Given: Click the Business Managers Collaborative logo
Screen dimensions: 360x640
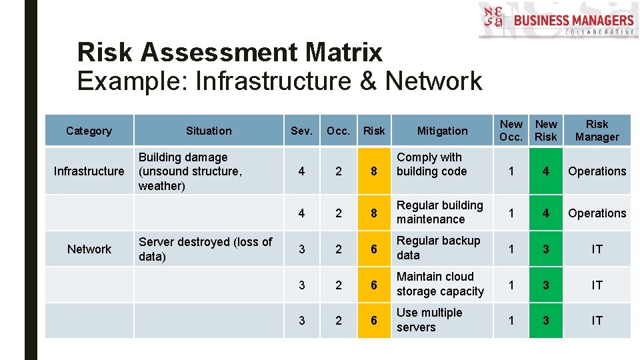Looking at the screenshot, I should coord(557,21).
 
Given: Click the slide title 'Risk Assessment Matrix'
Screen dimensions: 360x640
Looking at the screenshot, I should coord(229,51).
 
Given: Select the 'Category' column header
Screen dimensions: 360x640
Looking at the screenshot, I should coord(89,131).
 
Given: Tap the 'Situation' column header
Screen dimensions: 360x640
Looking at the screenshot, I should coord(209,131).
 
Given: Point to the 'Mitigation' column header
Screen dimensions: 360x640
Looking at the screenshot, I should coord(442,131).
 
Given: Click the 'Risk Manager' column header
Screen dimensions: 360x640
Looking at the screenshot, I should coord(597,131).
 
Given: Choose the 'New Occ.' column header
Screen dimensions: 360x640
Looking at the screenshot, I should coord(511,131).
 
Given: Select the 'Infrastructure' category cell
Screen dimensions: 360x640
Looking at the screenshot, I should coord(89,171).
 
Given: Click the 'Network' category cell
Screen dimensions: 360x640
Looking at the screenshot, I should coord(89,249).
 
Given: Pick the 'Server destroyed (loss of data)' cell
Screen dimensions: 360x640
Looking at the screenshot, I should coord(205,249).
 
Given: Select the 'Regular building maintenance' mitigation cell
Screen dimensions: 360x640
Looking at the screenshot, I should coord(439,213).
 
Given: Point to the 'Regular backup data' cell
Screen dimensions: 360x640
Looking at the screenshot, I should coord(438,248).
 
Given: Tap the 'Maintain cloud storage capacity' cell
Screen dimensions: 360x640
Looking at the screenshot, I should coord(440,284).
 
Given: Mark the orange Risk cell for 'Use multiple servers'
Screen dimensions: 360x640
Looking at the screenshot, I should coord(374,321).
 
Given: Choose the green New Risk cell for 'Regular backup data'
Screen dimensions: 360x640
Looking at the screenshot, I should coord(546,249).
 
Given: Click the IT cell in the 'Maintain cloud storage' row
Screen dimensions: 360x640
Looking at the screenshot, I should coord(597,285).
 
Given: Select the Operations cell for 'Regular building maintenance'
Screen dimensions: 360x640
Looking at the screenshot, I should coord(597,213).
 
